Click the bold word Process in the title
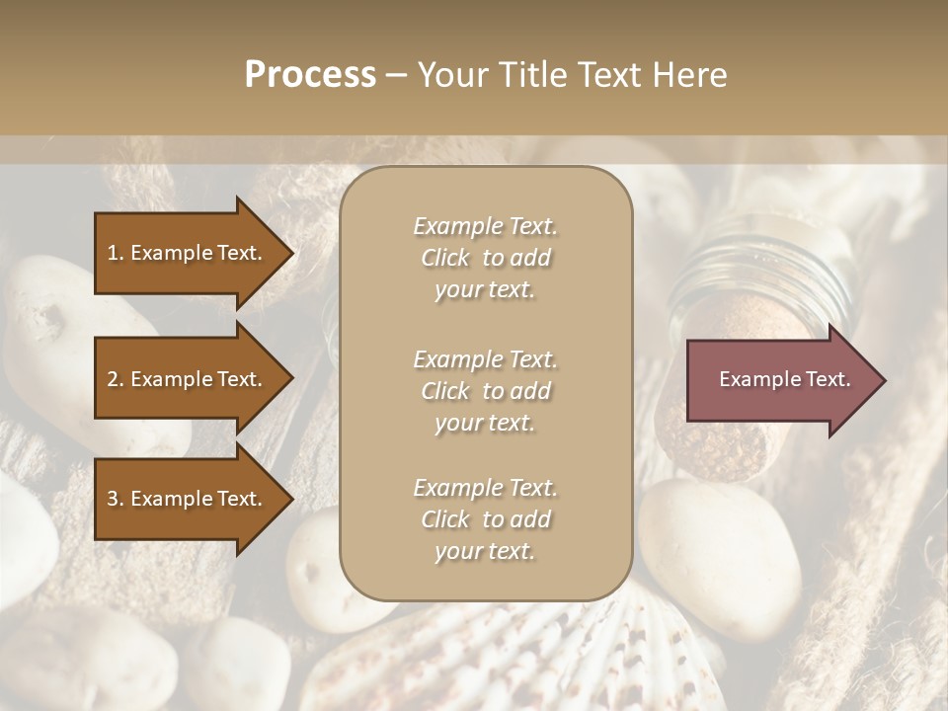click(310, 75)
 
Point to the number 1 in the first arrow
click(113, 253)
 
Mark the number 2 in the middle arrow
click(113, 379)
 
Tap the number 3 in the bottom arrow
click(113, 499)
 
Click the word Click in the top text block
click(445, 259)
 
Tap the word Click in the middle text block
click(445, 392)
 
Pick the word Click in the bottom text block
click(445, 520)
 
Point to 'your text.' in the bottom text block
click(485, 552)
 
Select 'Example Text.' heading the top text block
click(485, 227)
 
